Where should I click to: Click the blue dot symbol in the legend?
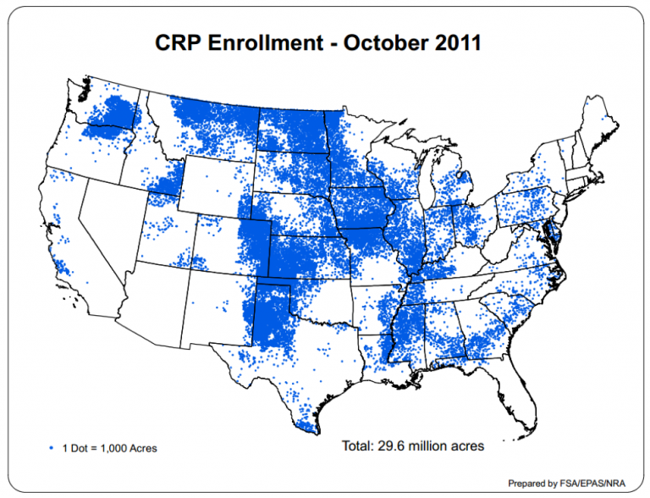[x=52, y=446]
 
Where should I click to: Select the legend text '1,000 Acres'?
[x=127, y=446]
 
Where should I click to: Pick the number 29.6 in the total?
[x=394, y=445]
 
